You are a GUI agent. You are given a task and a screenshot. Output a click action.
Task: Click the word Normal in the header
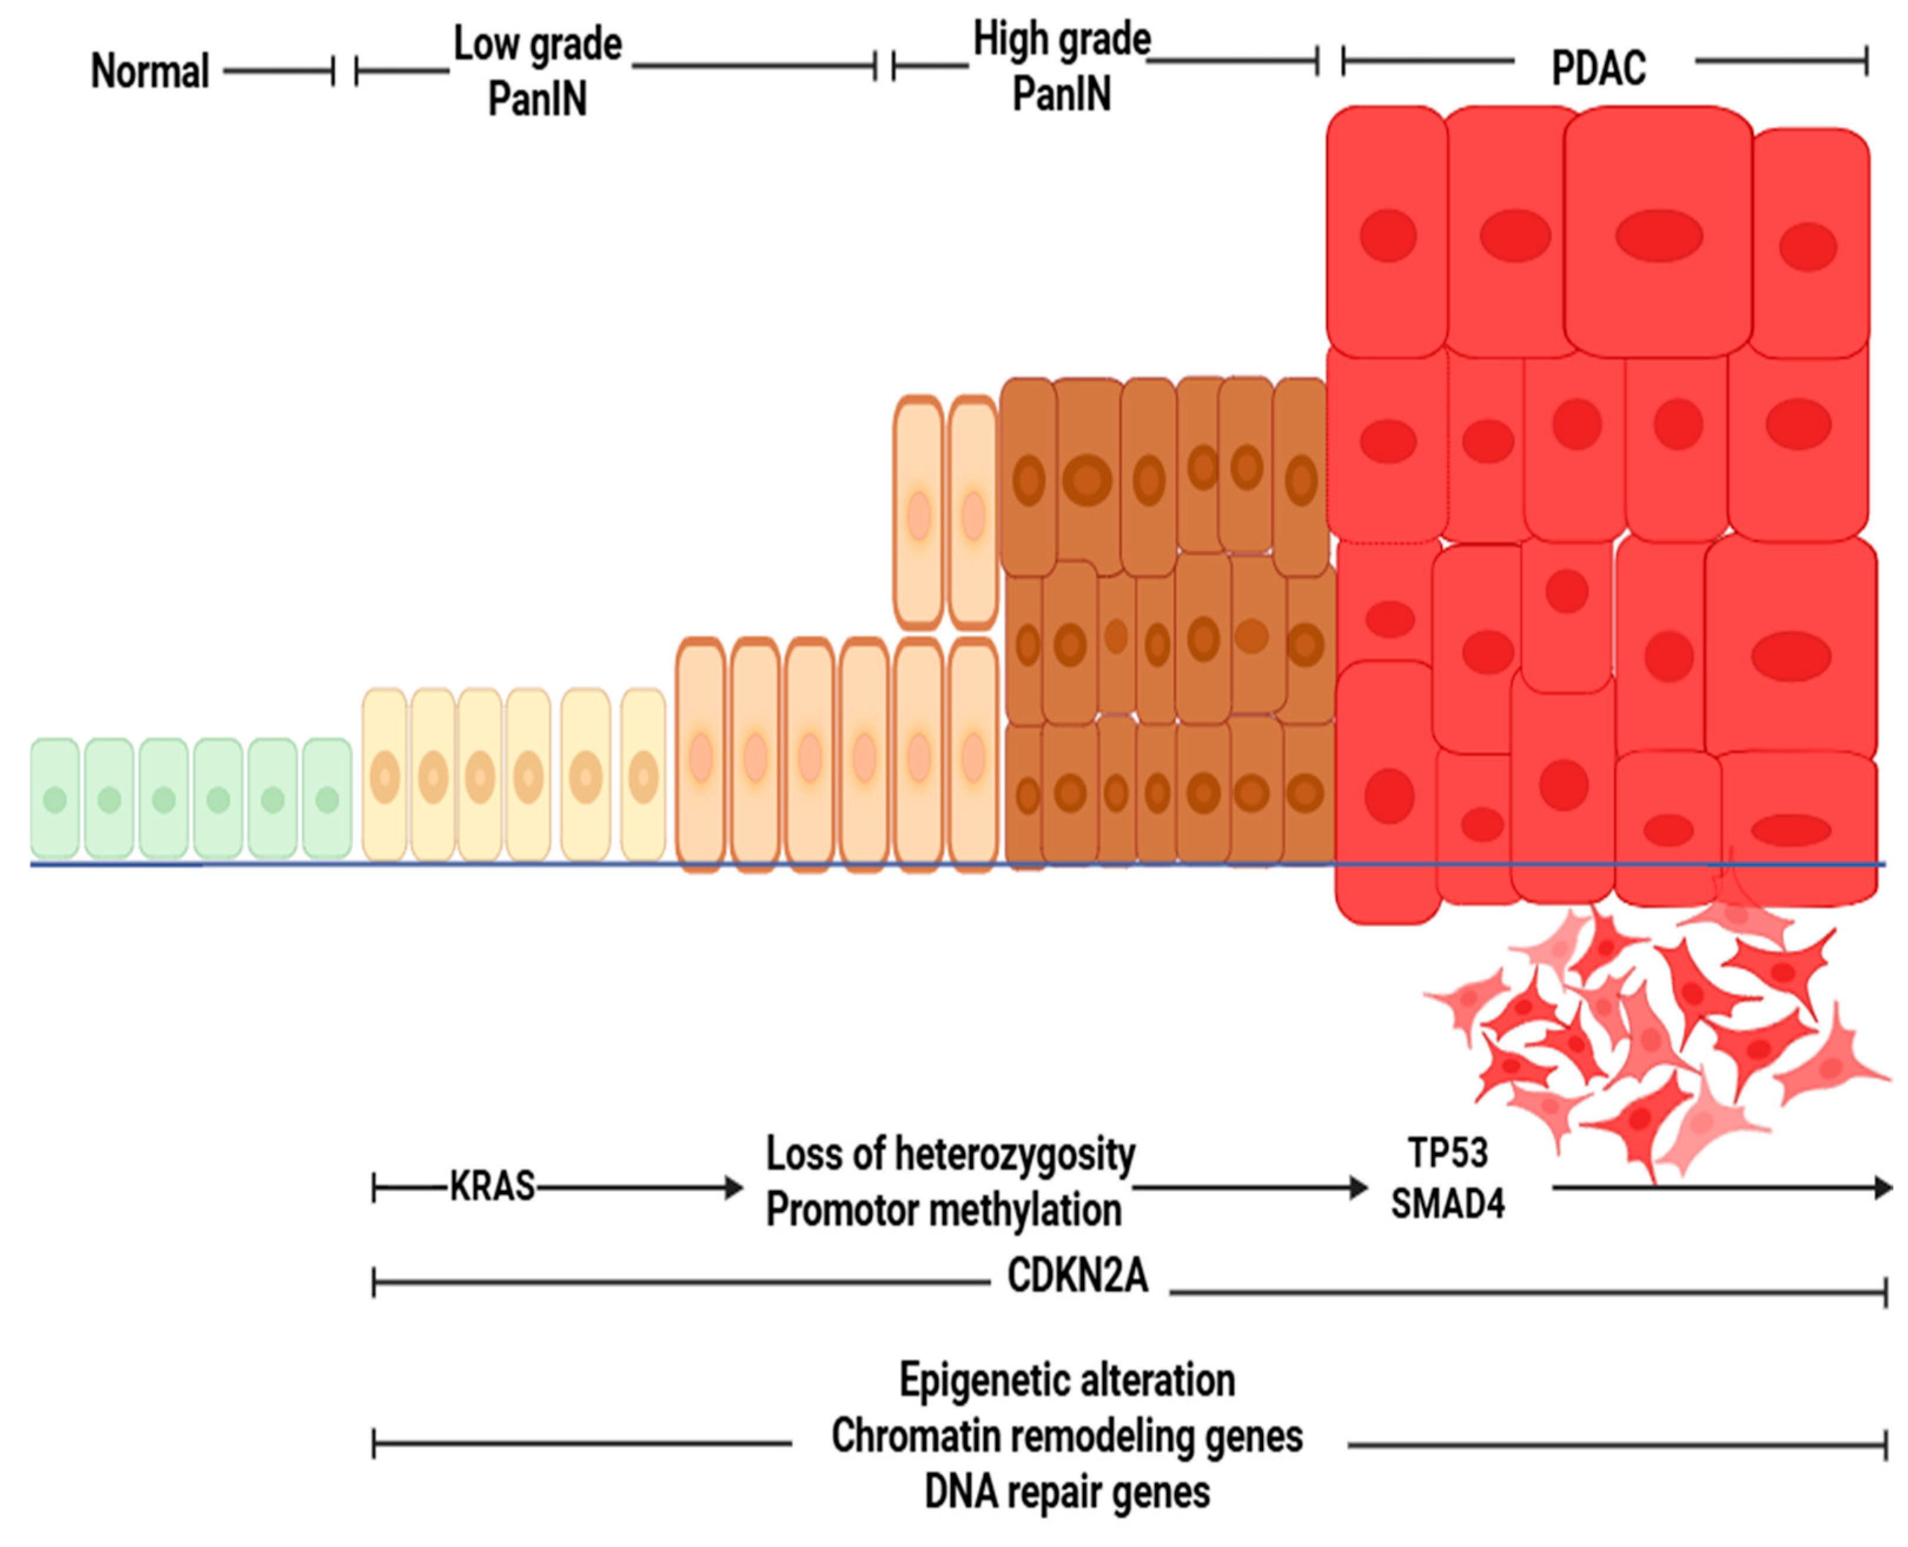150,71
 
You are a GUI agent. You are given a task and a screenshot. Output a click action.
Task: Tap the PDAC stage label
1598,68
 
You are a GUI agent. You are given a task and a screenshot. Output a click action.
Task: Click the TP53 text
1447,1153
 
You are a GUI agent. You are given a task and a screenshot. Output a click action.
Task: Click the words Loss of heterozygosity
949,1155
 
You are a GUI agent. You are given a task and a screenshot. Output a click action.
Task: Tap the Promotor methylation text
943,1210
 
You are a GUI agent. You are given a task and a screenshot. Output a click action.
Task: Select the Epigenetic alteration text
1066,1380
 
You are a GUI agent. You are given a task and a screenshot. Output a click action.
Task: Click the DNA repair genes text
1066,1492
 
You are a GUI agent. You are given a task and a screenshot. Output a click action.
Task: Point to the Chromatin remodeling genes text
1066,1436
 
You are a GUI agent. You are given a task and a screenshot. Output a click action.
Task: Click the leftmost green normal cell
54,798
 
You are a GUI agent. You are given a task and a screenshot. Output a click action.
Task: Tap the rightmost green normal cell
327,798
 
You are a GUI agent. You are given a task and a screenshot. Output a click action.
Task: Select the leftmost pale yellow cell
385,775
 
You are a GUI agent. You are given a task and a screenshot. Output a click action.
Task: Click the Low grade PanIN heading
537,71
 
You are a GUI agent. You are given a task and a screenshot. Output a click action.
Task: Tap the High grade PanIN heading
1061,67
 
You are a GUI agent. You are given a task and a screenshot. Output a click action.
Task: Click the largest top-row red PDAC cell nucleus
1658,235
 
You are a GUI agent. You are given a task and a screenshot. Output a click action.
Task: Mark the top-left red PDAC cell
1386,232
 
